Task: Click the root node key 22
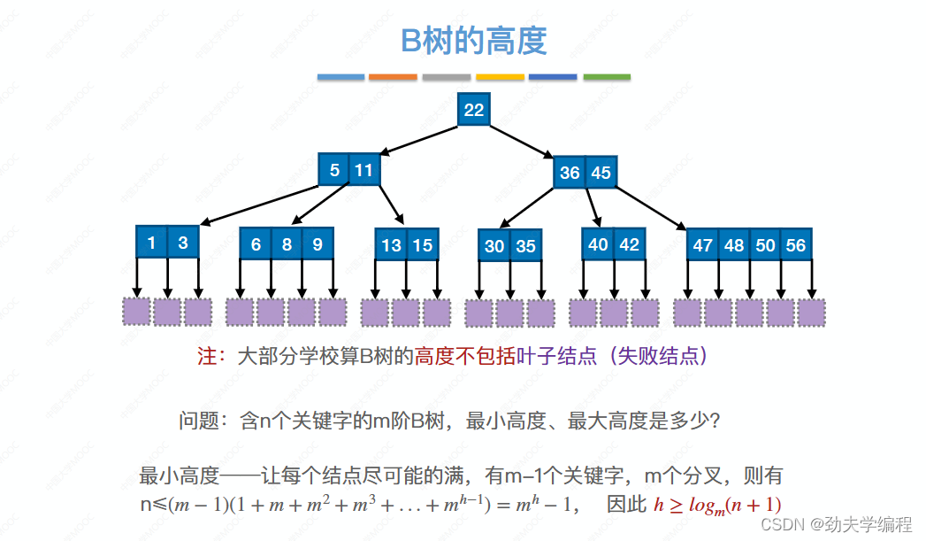474,109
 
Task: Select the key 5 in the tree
334,170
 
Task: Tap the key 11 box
364,170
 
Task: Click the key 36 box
570,173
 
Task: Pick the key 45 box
601,173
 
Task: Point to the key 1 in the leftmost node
151,242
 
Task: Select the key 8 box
287,243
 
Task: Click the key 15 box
423,244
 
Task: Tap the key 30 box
494,245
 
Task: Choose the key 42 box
629,243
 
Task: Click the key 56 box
796,244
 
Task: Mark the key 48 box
734,244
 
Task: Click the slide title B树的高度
474,41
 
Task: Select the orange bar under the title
393,77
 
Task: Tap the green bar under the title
607,77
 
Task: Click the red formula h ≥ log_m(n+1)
717,505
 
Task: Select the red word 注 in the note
207,357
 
